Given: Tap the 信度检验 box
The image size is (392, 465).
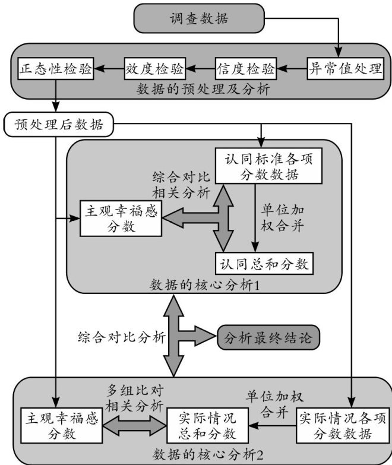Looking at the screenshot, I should pos(246,68).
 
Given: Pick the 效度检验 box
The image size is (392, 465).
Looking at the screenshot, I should pos(154,68).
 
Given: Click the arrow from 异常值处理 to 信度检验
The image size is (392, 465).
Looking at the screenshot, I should pos(292,69).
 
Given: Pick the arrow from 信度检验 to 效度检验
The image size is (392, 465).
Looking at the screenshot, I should pos(200,69).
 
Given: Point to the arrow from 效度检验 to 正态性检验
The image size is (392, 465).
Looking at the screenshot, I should pos(109,69).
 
